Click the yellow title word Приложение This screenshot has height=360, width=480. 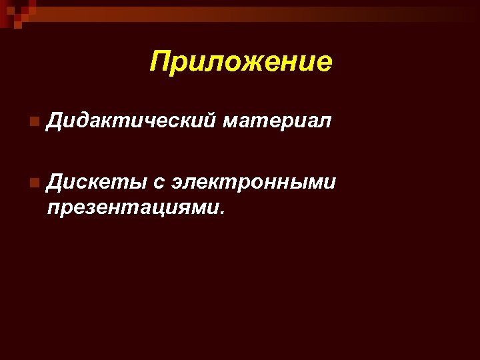(241, 62)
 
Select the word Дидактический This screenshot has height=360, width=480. (131, 121)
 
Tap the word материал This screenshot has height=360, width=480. (277, 121)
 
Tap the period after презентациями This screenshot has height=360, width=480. (223, 213)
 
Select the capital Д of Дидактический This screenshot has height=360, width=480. (56, 121)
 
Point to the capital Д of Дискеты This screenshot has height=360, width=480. (56, 181)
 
